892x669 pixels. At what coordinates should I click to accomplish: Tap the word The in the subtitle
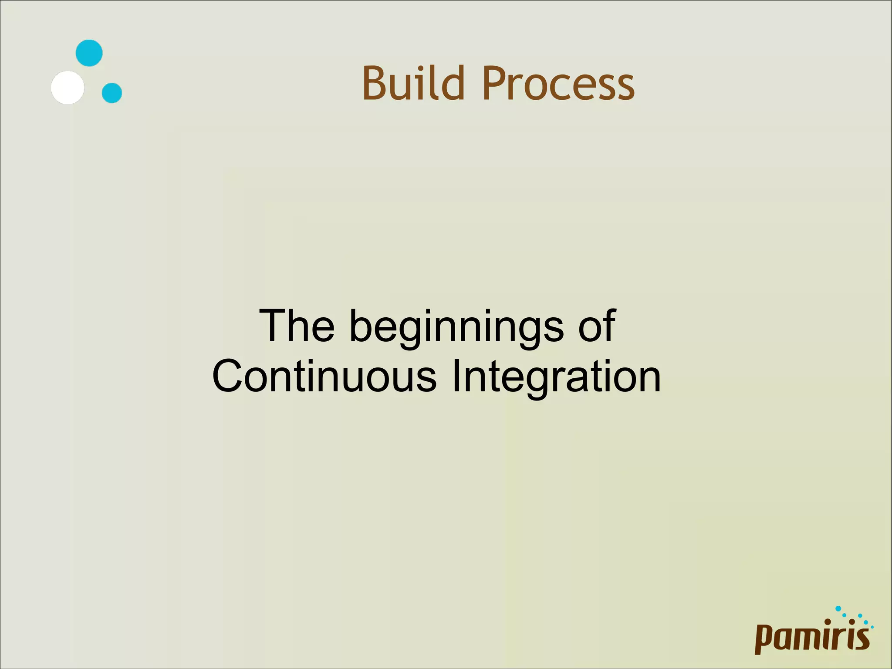(x=297, y=326)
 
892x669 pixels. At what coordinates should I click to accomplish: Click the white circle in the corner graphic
(x=68, y=88)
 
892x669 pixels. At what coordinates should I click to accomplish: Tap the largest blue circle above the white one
(x=89, y=53)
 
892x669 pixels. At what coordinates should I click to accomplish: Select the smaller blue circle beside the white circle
(x=112, y=93)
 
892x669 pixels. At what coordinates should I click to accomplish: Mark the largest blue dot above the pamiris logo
(x=838, y=608)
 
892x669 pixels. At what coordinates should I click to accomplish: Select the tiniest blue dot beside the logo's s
(x=872, y=627)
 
